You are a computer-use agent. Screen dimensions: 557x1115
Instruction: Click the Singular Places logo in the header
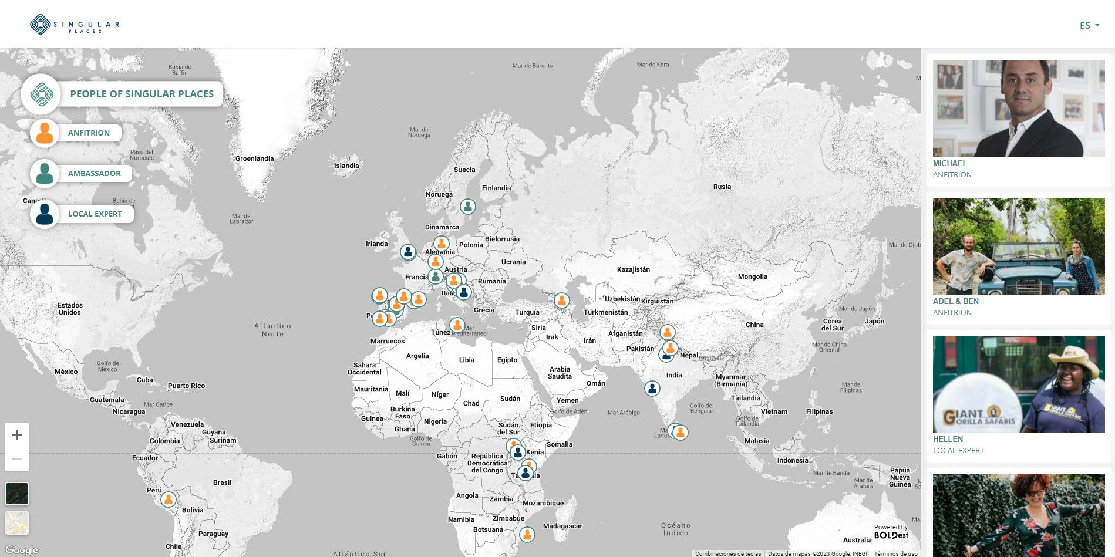(x=75, y=25)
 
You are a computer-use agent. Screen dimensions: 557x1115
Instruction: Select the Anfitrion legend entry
(x=89, y=133)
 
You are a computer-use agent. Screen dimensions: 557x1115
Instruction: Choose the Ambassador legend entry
(x=94, y=174)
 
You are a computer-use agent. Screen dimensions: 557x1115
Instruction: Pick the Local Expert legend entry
(x=95, y=214)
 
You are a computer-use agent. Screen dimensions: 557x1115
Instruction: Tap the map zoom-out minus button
(x=17, y=459)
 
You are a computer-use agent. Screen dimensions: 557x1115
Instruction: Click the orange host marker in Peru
(x=169, y=499)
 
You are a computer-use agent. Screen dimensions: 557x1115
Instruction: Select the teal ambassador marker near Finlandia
(x=468, y=207)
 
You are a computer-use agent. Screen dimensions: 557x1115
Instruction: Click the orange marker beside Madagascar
(x=527, y=535)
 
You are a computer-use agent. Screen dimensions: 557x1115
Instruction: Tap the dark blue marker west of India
(x=652, y=388)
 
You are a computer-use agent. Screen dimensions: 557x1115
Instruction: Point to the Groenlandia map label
(x=254, y=158)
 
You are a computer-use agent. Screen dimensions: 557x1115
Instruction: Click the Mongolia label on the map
(x=752, y=276)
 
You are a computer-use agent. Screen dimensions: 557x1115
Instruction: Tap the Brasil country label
(x=222, y=482)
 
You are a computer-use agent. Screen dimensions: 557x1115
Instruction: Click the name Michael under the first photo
(x=949, y=163)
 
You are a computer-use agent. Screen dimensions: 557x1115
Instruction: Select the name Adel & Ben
(x=955, y=301)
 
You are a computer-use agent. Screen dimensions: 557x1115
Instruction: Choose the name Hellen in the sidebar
(x=948, y=439)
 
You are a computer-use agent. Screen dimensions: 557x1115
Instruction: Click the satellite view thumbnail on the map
(x=17, y=494)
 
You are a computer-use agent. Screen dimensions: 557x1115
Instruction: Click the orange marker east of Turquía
(x=562, y=301)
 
